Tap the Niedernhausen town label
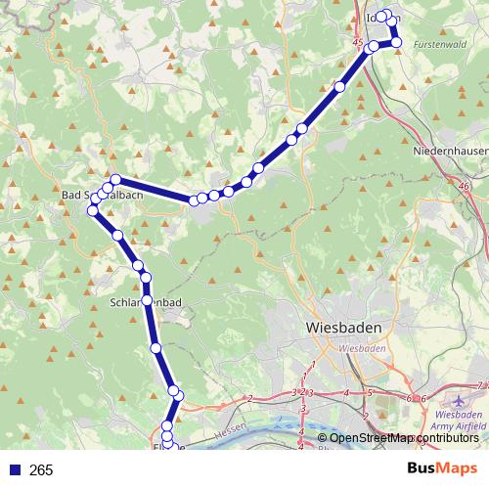tap(450, 152)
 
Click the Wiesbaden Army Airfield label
tap(458, 422)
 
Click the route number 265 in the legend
tap(41, 470)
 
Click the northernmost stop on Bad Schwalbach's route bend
tap(115, 179)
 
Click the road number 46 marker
tap(463, 186)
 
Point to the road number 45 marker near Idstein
tap(358, 43)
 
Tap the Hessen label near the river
tap(226, 428)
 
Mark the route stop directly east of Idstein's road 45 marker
tap(374, 46)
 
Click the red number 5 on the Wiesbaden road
tap(370, 393)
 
